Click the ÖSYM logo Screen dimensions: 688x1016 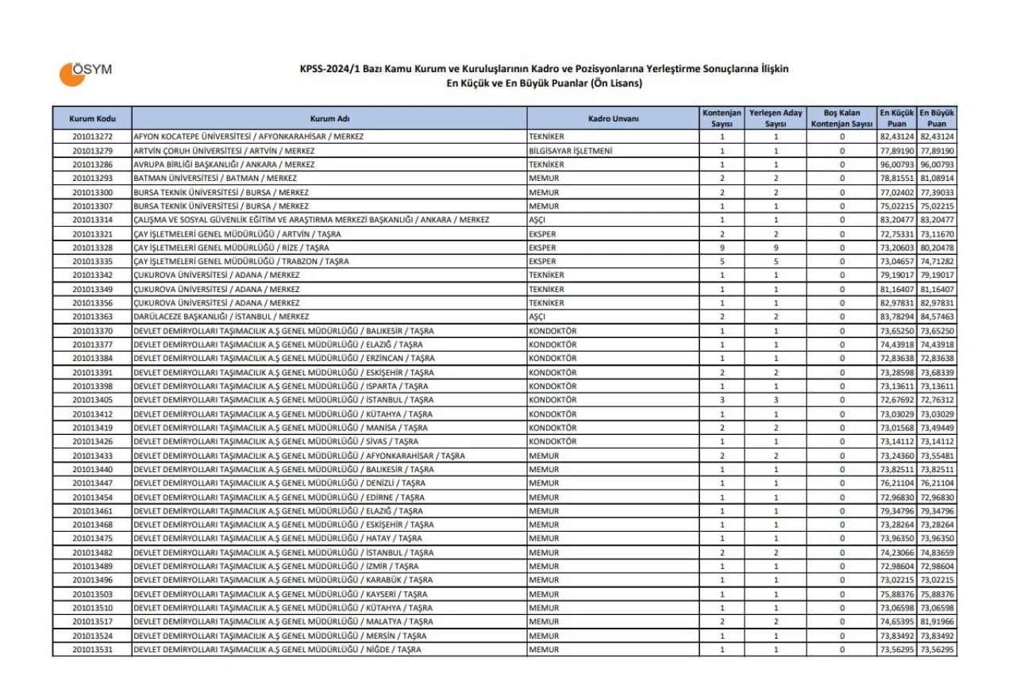(x=85, y=72)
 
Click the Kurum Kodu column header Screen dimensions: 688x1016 (x=92, y=119)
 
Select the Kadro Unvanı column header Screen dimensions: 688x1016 (x=613, y=119)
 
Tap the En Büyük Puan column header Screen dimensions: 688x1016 (x=937, y=119)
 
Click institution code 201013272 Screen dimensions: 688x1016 (x=92, y=137)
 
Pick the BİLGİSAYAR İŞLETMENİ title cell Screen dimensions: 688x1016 (x=569, y=151)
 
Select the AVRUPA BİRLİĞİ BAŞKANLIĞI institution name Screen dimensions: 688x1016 (x=224, y=164)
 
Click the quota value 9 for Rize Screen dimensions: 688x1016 (x=722, y=248)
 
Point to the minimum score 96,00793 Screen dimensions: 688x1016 (x=898, y=164)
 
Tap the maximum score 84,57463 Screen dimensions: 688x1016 (x=937, y=317)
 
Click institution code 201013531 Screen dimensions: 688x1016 (x=92, y=650)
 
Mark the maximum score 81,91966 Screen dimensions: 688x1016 (x=937, y=622)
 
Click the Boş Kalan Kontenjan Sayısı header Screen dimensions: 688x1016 (x=841, y=119)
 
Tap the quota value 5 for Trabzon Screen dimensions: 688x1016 (x=722, y=261)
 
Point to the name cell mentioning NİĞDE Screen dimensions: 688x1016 (x=279, y=650)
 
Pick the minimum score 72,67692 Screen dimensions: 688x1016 (x=898, y=400)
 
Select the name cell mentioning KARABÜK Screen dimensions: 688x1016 (x=283, y=580)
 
